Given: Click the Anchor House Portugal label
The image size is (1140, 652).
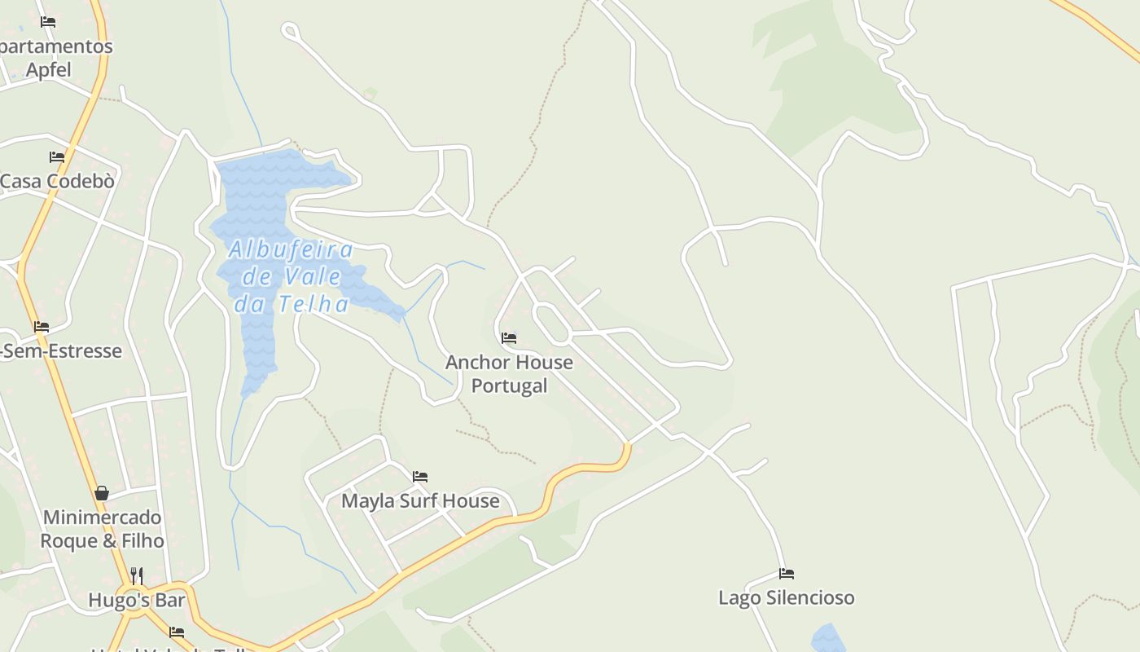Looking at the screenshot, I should [x=509, y=373].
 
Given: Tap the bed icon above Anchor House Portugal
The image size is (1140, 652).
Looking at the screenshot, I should [x=509, y=337].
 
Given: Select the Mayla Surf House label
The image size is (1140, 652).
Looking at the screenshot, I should [x=420, y=500].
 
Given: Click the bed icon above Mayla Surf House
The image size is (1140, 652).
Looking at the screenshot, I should [x=420, y=476].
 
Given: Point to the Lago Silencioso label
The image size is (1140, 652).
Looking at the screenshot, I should [x=786, y=597].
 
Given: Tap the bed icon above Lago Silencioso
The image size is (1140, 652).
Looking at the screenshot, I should [x=786, y=574].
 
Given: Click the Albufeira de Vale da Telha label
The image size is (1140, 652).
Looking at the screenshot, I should [x=291, y=276].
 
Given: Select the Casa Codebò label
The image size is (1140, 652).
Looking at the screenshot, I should [x=57, y=181].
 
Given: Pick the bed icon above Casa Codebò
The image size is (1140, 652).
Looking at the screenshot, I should [x=57, y=156].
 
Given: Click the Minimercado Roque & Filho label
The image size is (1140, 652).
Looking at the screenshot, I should [x=102, y=529].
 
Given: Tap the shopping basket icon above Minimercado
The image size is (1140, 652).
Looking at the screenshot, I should [x=102, y=493].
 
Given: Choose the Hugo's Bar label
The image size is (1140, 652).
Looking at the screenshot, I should [x=137, y=601].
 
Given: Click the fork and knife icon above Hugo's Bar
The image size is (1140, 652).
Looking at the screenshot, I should [x=137, y=576].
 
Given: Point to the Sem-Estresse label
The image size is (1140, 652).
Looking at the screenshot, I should [x=62, y=351].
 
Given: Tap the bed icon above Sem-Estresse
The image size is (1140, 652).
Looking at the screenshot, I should [x=42, y=327].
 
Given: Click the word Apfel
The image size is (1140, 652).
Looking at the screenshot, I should [x=49, y=70].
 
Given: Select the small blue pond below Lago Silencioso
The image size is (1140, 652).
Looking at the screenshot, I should [x=829, y=639].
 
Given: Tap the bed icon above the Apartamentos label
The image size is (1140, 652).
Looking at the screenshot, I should [x=48, y=22].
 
